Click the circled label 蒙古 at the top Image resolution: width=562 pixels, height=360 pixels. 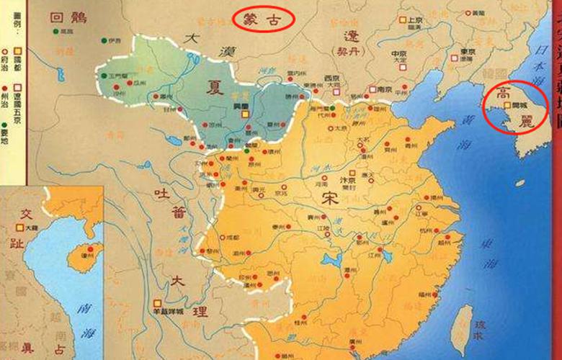[x=264, y=18]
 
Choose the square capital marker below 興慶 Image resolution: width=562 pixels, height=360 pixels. [x=245, y=113]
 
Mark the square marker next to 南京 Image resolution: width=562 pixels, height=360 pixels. [x=372, y=89]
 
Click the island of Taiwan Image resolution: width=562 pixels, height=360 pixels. [x=461, y=328]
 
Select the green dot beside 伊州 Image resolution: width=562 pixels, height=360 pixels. [x=104, y=41]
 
